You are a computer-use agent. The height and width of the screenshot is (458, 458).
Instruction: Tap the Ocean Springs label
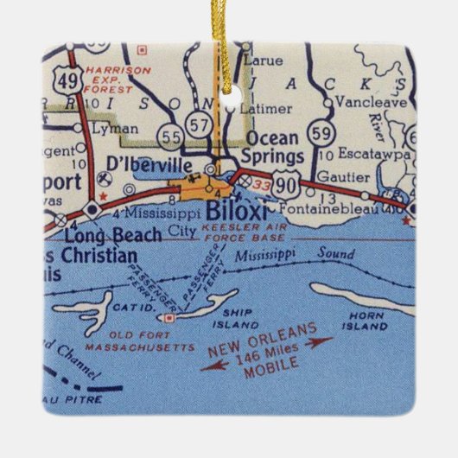point(273,148)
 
